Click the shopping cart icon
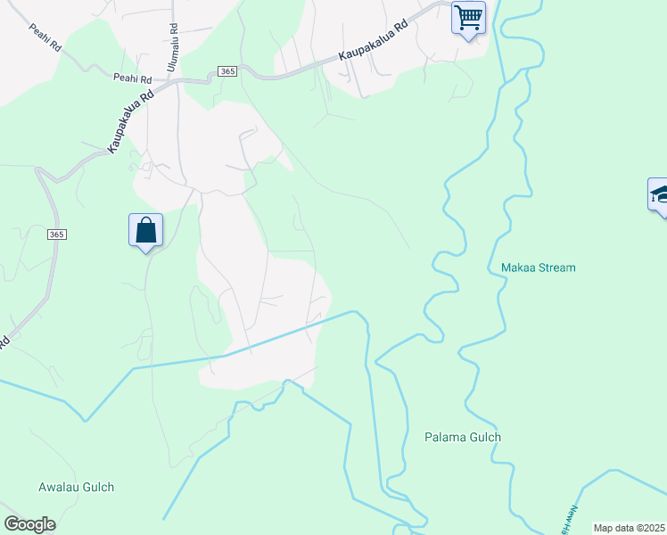(468, 17)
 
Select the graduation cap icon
(660, 194)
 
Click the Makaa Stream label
(538, 267)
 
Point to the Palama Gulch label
(462, 437)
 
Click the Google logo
(29, 524)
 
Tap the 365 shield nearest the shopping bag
(57, 235)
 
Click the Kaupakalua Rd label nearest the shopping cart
(373, 42)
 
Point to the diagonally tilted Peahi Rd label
(45, 37)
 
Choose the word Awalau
(60, 488)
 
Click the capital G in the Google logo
(12, 523)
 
